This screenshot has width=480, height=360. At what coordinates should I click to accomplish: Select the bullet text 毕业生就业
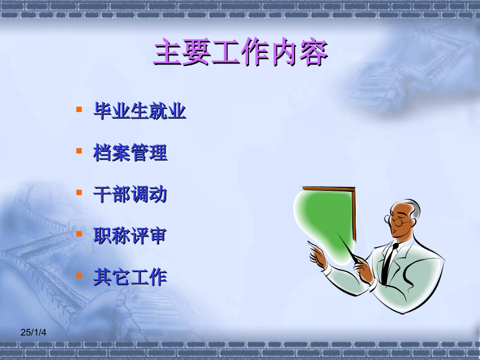[139, 111]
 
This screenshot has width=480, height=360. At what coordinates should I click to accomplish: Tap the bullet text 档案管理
[130, 152]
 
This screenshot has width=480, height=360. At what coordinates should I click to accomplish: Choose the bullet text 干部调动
[130, 194]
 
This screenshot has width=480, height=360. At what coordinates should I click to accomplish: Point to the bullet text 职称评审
[130, 235]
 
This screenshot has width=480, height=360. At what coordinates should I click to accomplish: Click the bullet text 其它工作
[130, 277]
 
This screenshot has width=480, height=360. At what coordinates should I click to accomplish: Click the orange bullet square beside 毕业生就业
[79, 109]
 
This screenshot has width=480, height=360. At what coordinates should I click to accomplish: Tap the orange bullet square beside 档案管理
[79, 150]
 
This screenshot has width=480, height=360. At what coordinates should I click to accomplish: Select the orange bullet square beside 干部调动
[79, 192]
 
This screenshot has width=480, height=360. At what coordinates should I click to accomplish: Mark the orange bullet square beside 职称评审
[79, 234]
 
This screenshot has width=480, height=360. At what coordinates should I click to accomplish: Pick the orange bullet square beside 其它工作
[79, 275]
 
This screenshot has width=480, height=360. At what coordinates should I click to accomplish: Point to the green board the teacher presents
[326, 217]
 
